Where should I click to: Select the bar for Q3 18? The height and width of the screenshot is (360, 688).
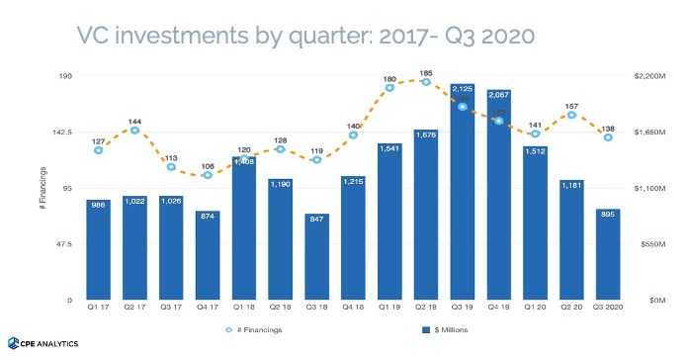point(317,256)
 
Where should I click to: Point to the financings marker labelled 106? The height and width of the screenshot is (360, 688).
point(208,175)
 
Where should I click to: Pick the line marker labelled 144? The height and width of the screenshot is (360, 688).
point(135,131)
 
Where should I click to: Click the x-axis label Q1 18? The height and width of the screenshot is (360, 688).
point(244,309)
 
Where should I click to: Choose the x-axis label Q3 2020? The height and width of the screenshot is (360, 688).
point(608,309)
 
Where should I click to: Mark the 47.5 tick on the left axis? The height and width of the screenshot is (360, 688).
point(64,243)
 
